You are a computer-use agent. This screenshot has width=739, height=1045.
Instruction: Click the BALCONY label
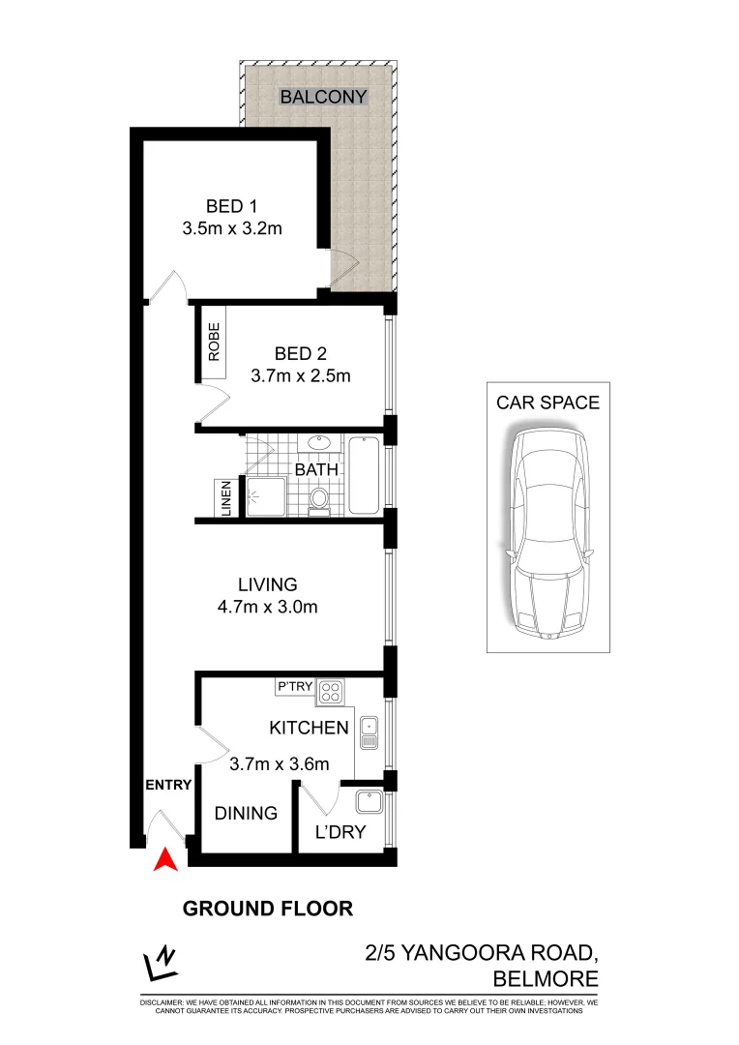coord(324,97)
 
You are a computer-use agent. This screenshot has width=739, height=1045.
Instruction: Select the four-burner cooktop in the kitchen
coord(330,692)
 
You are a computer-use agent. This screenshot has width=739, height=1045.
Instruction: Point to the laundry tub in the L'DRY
coord(368,803)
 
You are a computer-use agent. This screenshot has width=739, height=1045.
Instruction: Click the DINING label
coord(246,813)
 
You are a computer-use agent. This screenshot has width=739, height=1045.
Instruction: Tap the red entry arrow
coord(165,858)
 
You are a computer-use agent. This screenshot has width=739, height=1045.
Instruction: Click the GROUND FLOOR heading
coord(268,909)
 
